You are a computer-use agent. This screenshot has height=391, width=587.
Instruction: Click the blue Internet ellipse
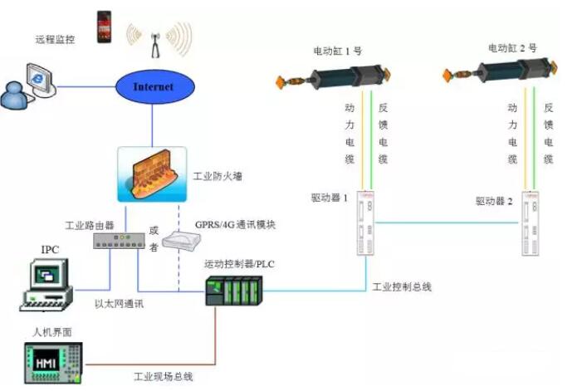(x=154, y=86)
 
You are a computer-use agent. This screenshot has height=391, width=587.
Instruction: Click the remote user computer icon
(x=31, y=88)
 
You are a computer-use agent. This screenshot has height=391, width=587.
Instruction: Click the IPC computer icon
(x=45, y=285)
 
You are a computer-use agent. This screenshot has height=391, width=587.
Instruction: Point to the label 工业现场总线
(x=164, y=377)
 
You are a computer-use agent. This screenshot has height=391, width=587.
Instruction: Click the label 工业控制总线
(x=401, y=287)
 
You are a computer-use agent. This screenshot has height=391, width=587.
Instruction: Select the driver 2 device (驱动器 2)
(x=531, y=222)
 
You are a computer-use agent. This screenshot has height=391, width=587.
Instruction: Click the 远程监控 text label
(x=55, y=39)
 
